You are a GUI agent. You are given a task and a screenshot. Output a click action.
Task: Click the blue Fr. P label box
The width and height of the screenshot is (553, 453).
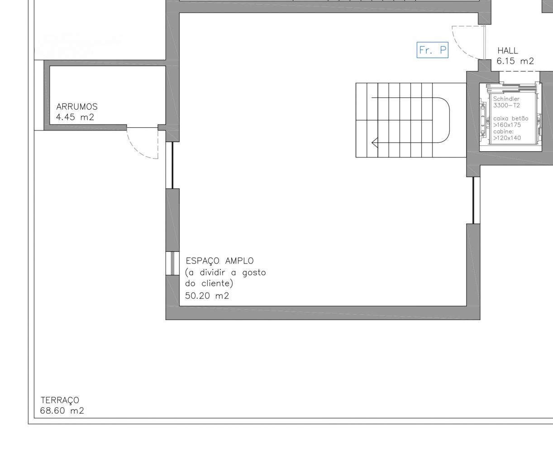point(432,50)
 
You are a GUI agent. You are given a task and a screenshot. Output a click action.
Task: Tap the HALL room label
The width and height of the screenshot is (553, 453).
point(508,51)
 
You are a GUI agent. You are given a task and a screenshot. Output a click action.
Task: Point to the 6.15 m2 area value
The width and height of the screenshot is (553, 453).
point(515,61)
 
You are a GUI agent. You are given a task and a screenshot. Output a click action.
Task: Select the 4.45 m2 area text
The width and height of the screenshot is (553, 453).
point(75,117)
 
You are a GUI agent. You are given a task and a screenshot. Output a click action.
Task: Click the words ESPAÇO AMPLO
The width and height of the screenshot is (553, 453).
point(220,261)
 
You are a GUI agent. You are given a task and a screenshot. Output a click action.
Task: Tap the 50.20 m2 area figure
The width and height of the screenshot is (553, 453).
point(207,296)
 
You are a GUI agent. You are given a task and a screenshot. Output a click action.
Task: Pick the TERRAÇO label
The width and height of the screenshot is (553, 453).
point(60,400)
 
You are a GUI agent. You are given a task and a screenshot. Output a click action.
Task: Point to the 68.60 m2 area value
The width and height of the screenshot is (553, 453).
point(62,411)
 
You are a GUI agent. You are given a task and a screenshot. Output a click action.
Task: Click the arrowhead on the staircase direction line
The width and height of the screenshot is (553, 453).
point(375,143)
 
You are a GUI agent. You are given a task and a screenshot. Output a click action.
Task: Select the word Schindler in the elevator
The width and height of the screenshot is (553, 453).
point(506,99)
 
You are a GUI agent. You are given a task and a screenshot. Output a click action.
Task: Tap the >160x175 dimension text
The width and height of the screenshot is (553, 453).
point(507,125)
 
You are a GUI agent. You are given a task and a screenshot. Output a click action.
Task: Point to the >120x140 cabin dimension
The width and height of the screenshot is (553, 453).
point(507,138)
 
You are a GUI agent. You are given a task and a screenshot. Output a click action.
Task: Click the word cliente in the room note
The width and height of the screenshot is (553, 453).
point(217,284)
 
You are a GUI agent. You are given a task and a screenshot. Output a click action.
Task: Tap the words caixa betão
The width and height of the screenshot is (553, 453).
point(511,118)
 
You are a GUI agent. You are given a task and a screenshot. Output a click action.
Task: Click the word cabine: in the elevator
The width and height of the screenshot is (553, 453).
point(503,131)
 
